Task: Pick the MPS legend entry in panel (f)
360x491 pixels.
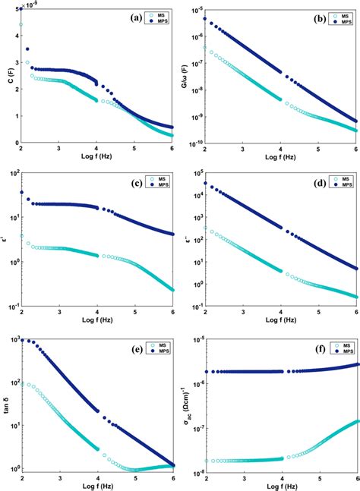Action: click(339, 349)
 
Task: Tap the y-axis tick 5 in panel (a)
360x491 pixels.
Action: click(15, 9)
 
